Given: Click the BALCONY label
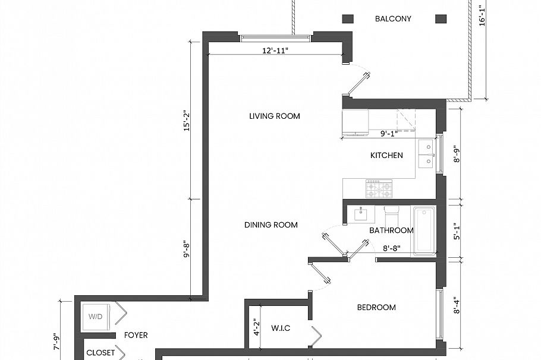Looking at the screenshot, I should pyautogui.click(x=393, y=19).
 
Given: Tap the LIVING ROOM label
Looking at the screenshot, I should pyautogui.click(x=274, y=116).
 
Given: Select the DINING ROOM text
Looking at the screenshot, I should pyautogui.click(x=270, y=225).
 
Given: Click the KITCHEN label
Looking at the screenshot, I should pyautogui.click(x=386, y=156).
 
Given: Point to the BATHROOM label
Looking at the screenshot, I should pyautogui.click(x=391, y=230).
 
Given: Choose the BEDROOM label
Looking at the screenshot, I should pyautogui.click(x=376, y=308).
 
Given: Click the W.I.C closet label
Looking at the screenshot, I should pyautogui.click(x=280, y=329).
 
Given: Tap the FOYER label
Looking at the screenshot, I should pyautogui.click(x=136, y=336).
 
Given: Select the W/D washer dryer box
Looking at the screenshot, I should pyautogui.click(x=96, y=317).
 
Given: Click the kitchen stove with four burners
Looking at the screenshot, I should pyautogui.click(x=379, y=189).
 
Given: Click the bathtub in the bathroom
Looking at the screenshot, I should pyautogui.click(x=424, y=230).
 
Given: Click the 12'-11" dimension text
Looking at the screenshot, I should pyautogui.click(x=275, y=50).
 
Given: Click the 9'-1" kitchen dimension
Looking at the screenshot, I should pyautogui.click(x=389, y=134).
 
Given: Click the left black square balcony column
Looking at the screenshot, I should pyautogui.click(x=348, y=19).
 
